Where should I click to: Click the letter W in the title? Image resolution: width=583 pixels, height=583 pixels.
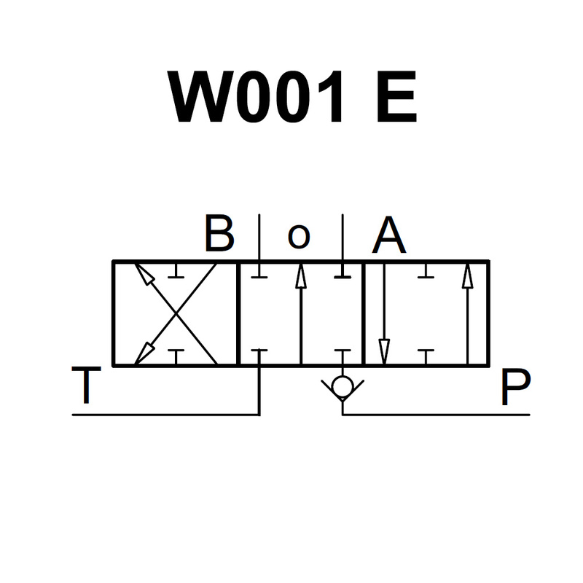point(201,96)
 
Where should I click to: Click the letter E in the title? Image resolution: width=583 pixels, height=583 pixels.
point(396,96)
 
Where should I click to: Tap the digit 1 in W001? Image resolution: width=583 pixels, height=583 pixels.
point(330,96)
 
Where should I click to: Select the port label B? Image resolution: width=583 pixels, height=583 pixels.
point(219,233)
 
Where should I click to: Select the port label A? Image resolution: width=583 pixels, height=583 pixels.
point(389,234)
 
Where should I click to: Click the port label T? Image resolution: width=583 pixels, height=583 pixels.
point(86,385)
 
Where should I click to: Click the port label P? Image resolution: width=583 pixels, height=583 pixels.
point(515,387)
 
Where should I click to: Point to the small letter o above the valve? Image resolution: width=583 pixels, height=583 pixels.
point(299,236)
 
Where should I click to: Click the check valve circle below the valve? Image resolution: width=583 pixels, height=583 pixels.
point(343,387)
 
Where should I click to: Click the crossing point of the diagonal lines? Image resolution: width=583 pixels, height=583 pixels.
point(176,314)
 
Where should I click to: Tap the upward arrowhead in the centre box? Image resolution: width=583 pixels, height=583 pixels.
point(301,275)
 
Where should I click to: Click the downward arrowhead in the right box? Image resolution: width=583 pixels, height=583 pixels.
point(384,352)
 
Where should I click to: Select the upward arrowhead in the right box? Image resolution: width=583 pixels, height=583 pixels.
point(468,275)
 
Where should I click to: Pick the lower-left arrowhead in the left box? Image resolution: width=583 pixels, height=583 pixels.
point(144,353)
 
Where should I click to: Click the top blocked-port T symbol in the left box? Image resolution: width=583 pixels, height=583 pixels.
point(176,270)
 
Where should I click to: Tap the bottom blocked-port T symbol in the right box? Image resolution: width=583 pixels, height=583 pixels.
point(426,357)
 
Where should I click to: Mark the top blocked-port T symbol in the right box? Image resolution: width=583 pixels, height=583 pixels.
point(426,270)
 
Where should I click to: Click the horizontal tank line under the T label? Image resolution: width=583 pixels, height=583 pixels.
point(166,415)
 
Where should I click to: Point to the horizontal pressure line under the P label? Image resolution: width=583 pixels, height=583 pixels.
point(436,415)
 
